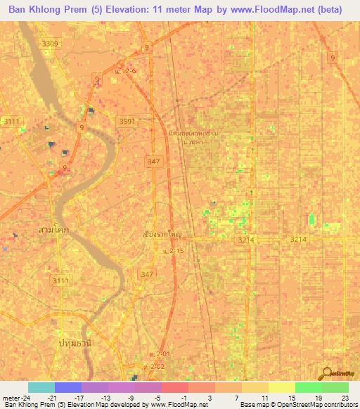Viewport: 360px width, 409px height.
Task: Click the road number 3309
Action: click(50, 44)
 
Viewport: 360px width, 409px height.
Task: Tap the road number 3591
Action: click(127, 121)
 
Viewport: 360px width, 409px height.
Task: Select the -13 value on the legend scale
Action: click(105, 397)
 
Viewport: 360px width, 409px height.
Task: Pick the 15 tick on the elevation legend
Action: click(292, 397)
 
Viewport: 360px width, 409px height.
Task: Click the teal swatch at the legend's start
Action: click(41, 387)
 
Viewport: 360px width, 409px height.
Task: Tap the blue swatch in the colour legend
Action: click(68, 387)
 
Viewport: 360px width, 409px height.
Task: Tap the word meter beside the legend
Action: click(12, 397)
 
